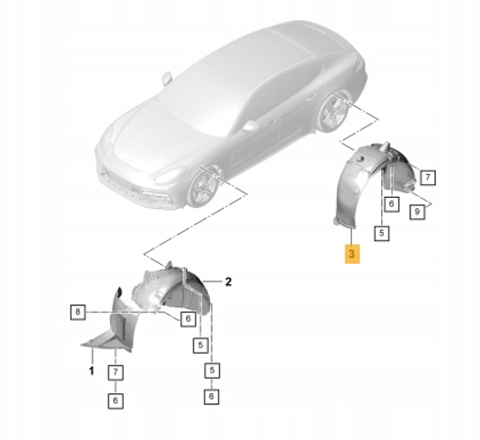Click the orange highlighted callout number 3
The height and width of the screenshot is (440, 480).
pyautogui.click(x=352, y=254)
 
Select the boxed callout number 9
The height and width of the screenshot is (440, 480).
pyautogui.click(x=417, y=212)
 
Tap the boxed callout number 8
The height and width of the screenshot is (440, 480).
pyautogui.click(x=78, y=312)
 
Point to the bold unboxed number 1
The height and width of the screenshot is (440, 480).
pyautogui.click(x=92, y=371)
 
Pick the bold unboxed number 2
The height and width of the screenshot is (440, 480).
pyautogui.click(x=228, y=281)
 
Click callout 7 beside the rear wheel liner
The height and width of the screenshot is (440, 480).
pyautogui.click(x=428, y=177)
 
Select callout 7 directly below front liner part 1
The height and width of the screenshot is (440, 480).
pyautogui.click(x=115, y=372)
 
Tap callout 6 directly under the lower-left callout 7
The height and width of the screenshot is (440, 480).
pyautogui.click(x=115, y=401)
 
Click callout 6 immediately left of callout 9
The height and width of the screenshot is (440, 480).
pyautogui.click(x=391, y=203)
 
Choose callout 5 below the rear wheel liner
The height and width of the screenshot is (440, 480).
pyautogui.click(x=381, y=233)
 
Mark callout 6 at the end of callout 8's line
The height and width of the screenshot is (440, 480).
pyautogui.click(x=188, y=319)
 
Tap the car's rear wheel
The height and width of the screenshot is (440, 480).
pyautogui.click(x=333, y=112)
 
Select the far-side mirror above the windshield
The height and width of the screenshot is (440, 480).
pyautogui.click(x=168, y=78)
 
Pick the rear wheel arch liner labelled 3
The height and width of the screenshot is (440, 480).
pyautogui.click(x=374, y=181)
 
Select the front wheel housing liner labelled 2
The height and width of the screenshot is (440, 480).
pyautogui.click(x=171, y=290)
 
